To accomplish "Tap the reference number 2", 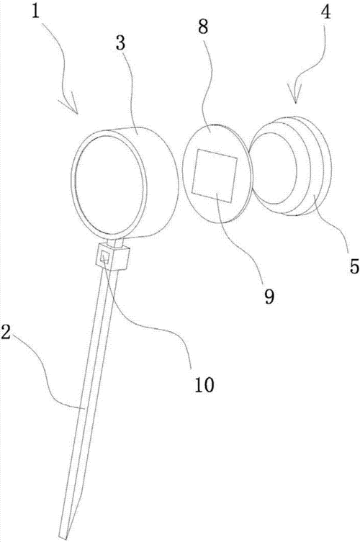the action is coord(8,332).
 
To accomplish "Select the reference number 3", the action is coord(120,43).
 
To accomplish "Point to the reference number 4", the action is coord(325,12).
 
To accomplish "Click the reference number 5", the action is coord(354,266).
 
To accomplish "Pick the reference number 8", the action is coord(203,26).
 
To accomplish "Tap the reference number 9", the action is coord(269,296).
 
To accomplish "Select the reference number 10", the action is coord(204,384).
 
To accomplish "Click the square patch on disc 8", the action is coord(215,175).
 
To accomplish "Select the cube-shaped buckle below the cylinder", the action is coord(112,256).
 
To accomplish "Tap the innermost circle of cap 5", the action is coord(275,168).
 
